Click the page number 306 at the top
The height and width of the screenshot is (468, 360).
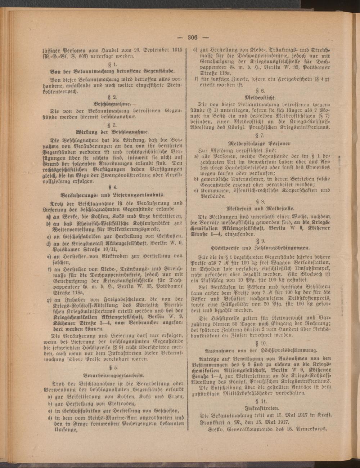tap(193, 37)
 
